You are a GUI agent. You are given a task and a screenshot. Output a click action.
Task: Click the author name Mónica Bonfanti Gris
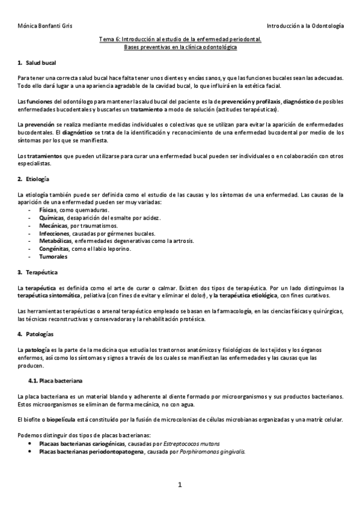pos(41,27)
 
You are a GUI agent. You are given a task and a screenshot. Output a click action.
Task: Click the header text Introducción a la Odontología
pos(305,27)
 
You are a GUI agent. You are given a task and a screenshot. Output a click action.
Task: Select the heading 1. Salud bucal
pos(37,63)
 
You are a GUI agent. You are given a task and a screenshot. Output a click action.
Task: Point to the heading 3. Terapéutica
pos(37,272)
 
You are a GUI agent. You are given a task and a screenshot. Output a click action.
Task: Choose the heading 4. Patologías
pos(35,334)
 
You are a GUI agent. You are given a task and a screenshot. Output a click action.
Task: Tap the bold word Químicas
pos(50,218)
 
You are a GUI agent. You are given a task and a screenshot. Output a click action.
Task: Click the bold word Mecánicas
pos(52,226)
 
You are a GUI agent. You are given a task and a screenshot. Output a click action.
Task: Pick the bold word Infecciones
pos(54,233)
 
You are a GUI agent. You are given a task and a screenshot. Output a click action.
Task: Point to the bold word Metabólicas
pos(55,241)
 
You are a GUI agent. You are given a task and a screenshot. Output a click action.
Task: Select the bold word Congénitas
pos(54,248)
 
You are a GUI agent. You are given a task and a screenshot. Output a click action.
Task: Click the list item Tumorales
pos(52,256)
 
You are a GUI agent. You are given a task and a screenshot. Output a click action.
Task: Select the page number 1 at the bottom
pos(180,485)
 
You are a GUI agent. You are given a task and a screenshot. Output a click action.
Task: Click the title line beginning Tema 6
pos(180,39)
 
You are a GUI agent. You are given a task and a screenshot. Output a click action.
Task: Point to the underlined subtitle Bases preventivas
pos(180,46)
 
